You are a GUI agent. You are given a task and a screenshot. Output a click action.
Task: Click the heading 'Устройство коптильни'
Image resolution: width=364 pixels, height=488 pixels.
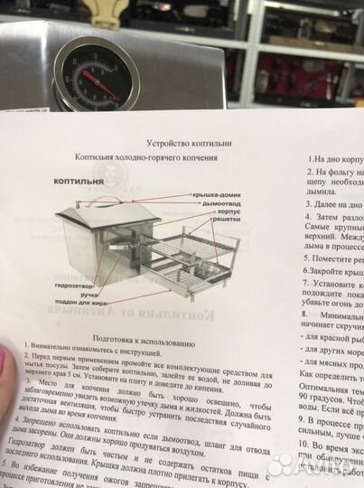tap(188, 143)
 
